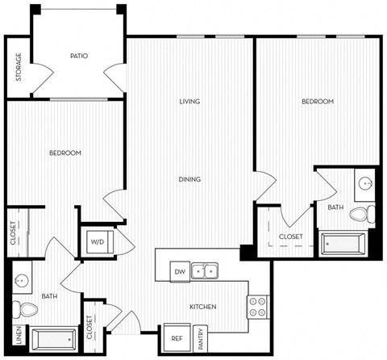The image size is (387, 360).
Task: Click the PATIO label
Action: pos(79,56)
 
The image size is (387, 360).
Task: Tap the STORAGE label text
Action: pos(19,67)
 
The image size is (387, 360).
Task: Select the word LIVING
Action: pos(189,102)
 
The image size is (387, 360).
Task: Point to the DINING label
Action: pos(190,179)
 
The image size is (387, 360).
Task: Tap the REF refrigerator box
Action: pos(176,338)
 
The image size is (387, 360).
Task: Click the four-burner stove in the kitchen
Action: pos(257,305)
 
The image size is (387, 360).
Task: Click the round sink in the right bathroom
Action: pos(367,183)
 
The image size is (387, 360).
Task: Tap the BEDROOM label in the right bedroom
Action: pos(317,102)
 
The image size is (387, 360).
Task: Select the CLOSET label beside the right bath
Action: pos(291,237)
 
